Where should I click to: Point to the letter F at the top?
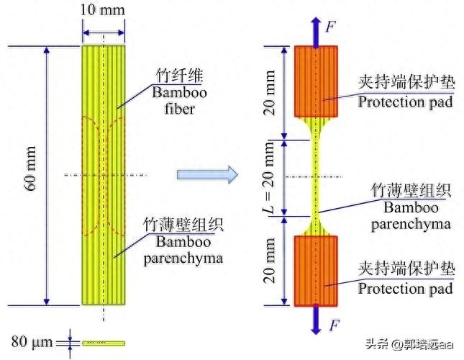(330, 27)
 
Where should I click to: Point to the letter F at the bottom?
(333, 325)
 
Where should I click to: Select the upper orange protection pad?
(316, 81)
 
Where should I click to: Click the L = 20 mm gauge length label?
(270, 176)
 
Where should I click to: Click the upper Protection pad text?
(406, 102)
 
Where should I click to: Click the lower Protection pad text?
(406, 289)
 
